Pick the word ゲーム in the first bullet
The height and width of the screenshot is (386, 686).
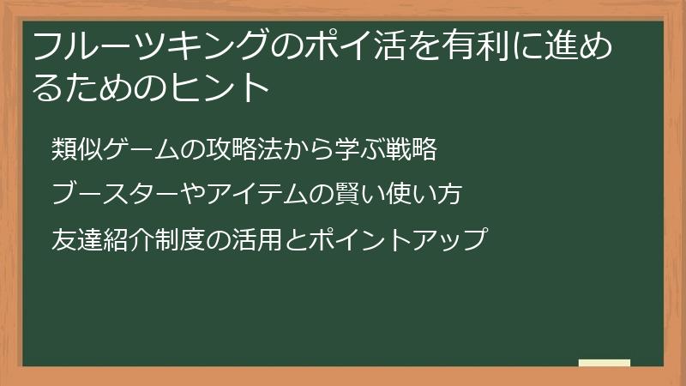140,149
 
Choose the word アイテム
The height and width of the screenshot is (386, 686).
250,194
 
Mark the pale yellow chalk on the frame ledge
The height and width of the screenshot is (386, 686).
605,363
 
